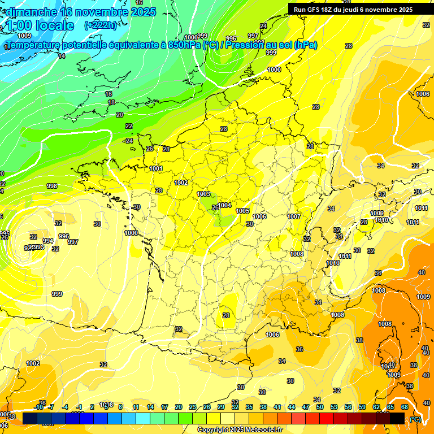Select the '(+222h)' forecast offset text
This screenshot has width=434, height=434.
[101, 25]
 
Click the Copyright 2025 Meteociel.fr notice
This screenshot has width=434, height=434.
[240, 429]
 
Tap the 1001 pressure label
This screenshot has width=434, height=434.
[156, 168]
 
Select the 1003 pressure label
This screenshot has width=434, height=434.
[203, 194]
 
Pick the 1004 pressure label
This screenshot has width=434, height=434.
[225, 205]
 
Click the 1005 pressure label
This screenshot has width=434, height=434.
[242, 211]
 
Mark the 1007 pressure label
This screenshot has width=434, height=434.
[293, 216]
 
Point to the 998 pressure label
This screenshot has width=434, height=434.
[52, 186]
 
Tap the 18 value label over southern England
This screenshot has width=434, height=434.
[111, 102]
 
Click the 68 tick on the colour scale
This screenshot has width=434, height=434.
[405, 407]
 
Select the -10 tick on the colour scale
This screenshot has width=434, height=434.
[39, 407]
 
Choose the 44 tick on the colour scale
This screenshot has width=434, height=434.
[291, 407]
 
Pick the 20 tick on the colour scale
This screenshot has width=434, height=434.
[178, 407]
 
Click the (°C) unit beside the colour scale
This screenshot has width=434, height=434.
[415, 419]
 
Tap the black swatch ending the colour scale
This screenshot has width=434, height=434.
[397, 418]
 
